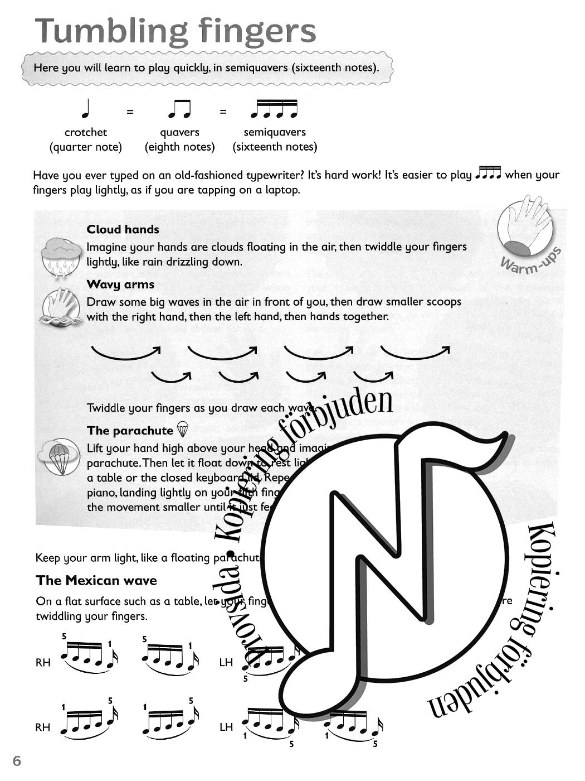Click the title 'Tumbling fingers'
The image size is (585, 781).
coord(175,32)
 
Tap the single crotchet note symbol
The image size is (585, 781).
coord(85,109)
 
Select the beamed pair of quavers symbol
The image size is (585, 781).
coord(179,109)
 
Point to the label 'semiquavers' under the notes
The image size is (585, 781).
coord(275,132)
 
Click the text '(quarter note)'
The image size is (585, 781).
coord(85,147)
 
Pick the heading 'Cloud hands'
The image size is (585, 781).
coord(123,229)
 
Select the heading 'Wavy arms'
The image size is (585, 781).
coord(120,285)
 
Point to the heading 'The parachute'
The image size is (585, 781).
coord(130,431)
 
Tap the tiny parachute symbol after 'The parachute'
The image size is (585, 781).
coord(182,430)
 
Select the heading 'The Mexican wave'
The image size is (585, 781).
coord(96,581)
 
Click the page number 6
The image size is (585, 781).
coord(17,761)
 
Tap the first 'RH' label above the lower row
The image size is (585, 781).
coord(43,663)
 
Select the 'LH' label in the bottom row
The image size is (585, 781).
coord(226,727)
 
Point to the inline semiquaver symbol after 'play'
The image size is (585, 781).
coord(489,174)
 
